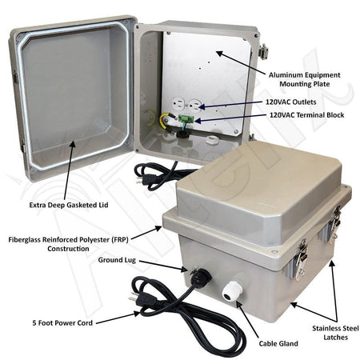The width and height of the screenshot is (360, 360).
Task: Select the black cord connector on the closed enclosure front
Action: [x=200, y=277]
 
